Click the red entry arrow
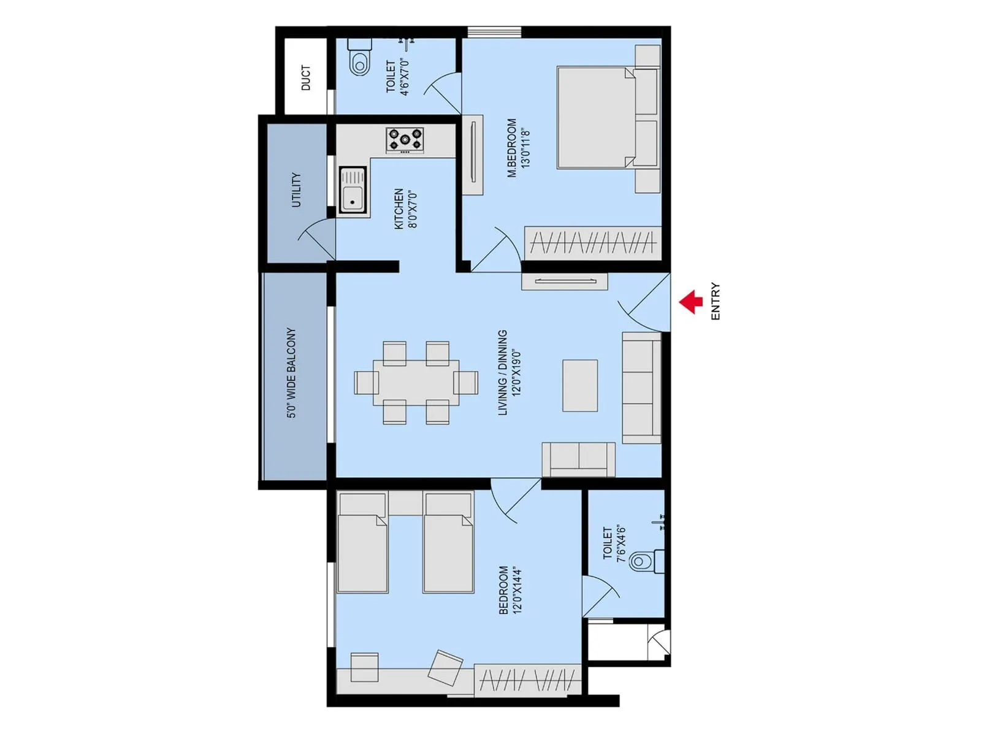691,302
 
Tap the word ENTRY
716,301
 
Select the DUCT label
306,78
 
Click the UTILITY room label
296,190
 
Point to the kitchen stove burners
405,139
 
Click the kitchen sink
353,190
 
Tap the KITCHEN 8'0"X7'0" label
405,209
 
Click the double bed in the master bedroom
607,117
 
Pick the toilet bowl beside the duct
360,63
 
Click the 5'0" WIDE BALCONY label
291,373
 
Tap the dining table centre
416,382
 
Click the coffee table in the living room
580,385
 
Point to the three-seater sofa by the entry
641,387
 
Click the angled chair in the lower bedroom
445,667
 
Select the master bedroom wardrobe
592,243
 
